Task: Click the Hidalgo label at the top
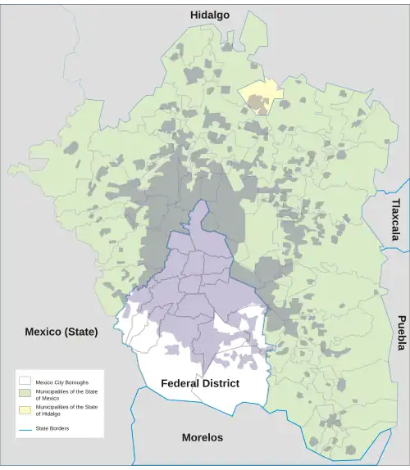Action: [210, 15]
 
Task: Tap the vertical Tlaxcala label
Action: [396, 219]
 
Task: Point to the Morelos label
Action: [202, 437]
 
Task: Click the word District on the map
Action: [220, 383]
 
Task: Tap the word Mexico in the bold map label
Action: [42, 332]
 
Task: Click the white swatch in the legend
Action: [25, 382]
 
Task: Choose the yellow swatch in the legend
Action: [25, 409]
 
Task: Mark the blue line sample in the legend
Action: [25, 428]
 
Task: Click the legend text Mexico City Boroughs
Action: [61, 382]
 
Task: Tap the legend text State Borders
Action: [52, 428]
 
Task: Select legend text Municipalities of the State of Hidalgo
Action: [66, 410]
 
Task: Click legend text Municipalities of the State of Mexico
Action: [66, 395]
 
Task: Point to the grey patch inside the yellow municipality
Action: [257, 104]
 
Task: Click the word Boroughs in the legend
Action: [76, 382]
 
